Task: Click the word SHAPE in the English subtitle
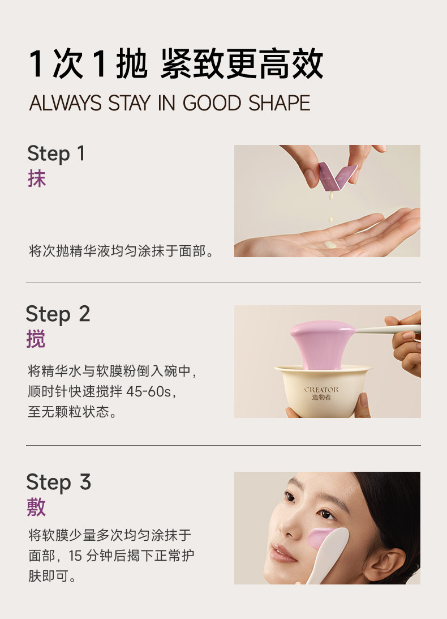(x=280, y=103)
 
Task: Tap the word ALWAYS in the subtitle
(x=66, y=103)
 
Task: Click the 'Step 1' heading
(x=56, y=153)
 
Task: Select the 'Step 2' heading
(x=58, y=314)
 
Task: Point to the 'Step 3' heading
(x=59, y=483)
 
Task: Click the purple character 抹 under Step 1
(x=37, y=178)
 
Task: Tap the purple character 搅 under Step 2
(x=36, y=339)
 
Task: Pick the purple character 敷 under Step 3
(x=36, y=507)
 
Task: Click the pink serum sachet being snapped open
(x=338, y=177)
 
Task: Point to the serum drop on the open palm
(x=330, y=245)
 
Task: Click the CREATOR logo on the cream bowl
(x=321, y=393)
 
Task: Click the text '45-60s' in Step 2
(x=149, y=391)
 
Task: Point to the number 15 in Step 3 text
(x=75, y=556)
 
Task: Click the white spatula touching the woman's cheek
(x=328, y=554)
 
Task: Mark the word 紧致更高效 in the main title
(x=242, y=64)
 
